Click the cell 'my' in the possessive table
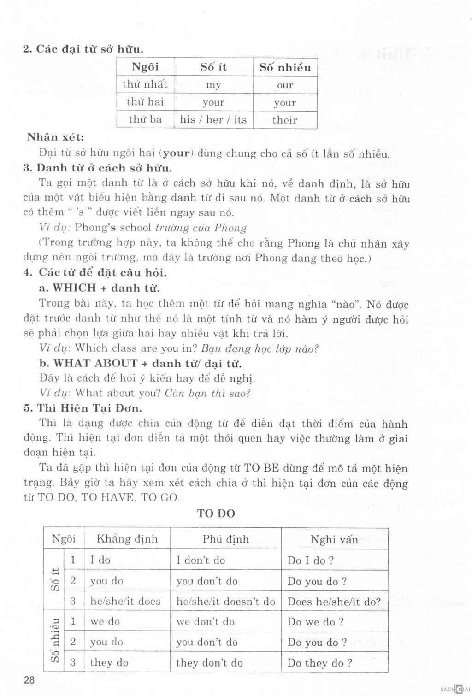(x=213, y=85)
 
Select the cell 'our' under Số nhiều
(x=285, y=85)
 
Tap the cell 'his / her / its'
(x=213, y=120)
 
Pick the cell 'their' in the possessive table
(x=285, y=120)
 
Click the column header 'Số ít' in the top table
(x=213, y=67)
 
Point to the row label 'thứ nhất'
(x=145, y=85)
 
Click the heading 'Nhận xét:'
(x=55, y=137)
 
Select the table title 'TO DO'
(x=216, y=513)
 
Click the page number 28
(x=29, y=680)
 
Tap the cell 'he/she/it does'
(x=125, y=601)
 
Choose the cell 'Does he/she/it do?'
(x=334, y=602)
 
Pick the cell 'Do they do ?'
(x=320, y=663)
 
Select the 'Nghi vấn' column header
(x=334, y=540)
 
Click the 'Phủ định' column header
(x=225, y=539)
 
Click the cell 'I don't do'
(x=201, y=560)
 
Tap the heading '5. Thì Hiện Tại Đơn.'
(x=83, y=408)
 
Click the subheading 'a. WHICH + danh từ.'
(x=100, y=288)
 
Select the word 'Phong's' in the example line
(x=95, y=228)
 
